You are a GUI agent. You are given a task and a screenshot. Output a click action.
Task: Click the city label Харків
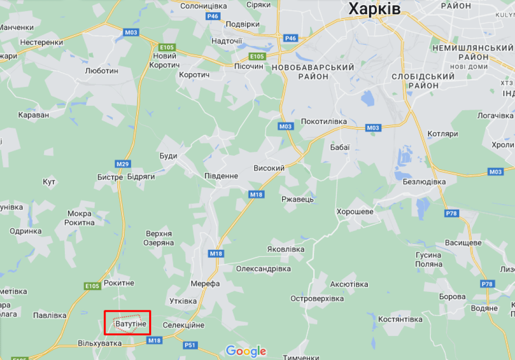pos(374,9)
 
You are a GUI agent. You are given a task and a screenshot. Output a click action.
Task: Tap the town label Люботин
pos(101,70)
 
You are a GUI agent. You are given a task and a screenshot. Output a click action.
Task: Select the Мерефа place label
pos(205,284)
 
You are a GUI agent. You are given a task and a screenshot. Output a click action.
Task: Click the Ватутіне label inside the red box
pos(131,324)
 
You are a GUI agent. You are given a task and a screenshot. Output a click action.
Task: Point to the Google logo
pos(246,351)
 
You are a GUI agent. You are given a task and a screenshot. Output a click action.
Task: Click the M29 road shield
pos(122,164)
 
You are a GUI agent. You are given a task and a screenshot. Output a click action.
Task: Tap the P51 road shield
pos(190,345)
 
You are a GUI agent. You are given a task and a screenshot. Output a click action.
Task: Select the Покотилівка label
pos(324,122)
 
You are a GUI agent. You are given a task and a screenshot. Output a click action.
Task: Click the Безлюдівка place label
pos(424,182)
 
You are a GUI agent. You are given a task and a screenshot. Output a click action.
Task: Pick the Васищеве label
pos(463,243)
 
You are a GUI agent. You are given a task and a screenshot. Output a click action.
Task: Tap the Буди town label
pos(169,156)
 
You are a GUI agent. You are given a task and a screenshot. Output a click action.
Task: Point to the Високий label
pos(269,168)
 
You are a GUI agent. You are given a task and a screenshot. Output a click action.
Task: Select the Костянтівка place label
pos(400,319)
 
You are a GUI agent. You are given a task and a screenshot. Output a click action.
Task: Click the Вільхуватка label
pos(100,343)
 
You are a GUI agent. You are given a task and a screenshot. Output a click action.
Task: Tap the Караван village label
pos(34,115)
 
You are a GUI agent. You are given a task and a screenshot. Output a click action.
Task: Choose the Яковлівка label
pos(286,249)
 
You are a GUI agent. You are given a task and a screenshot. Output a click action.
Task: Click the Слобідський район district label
pos(423,81)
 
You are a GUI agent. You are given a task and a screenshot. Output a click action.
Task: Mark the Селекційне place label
pos(184,325)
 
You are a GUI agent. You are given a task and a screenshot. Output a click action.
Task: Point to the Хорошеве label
pos(355,211)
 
